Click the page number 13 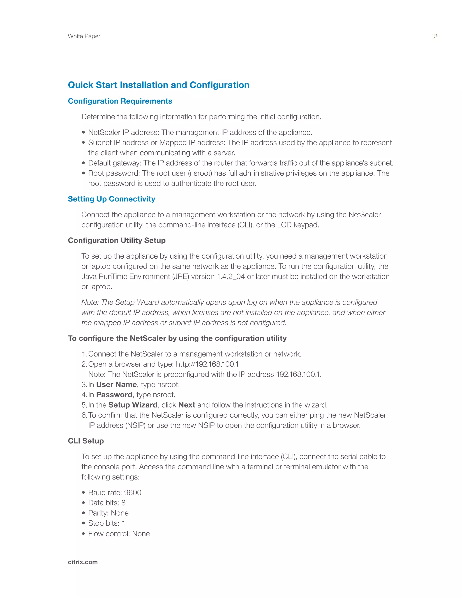click(x=434, y=36)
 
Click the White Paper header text click(x=84, y=36)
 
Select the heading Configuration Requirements click(x=120, y=101)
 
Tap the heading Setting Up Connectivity click(x=111, y=199)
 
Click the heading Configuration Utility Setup click(x=117, y=240)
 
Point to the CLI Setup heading click(x=86, y=441)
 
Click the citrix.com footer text click(x=83, y=562)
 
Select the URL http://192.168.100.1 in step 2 click(x=207, y=364)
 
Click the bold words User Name click(x=116, y=385)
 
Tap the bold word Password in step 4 click(x=114, y=395)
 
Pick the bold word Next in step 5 click(x=187, y=405)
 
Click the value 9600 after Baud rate click(x=132, y=493)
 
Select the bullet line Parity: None click(x=108, y=513)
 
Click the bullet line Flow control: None click(x=119, y=534)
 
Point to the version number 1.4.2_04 click(x=231, y=277)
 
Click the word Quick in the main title click(x=81, y=85)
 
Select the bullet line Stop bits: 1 click(x=106, y=523)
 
